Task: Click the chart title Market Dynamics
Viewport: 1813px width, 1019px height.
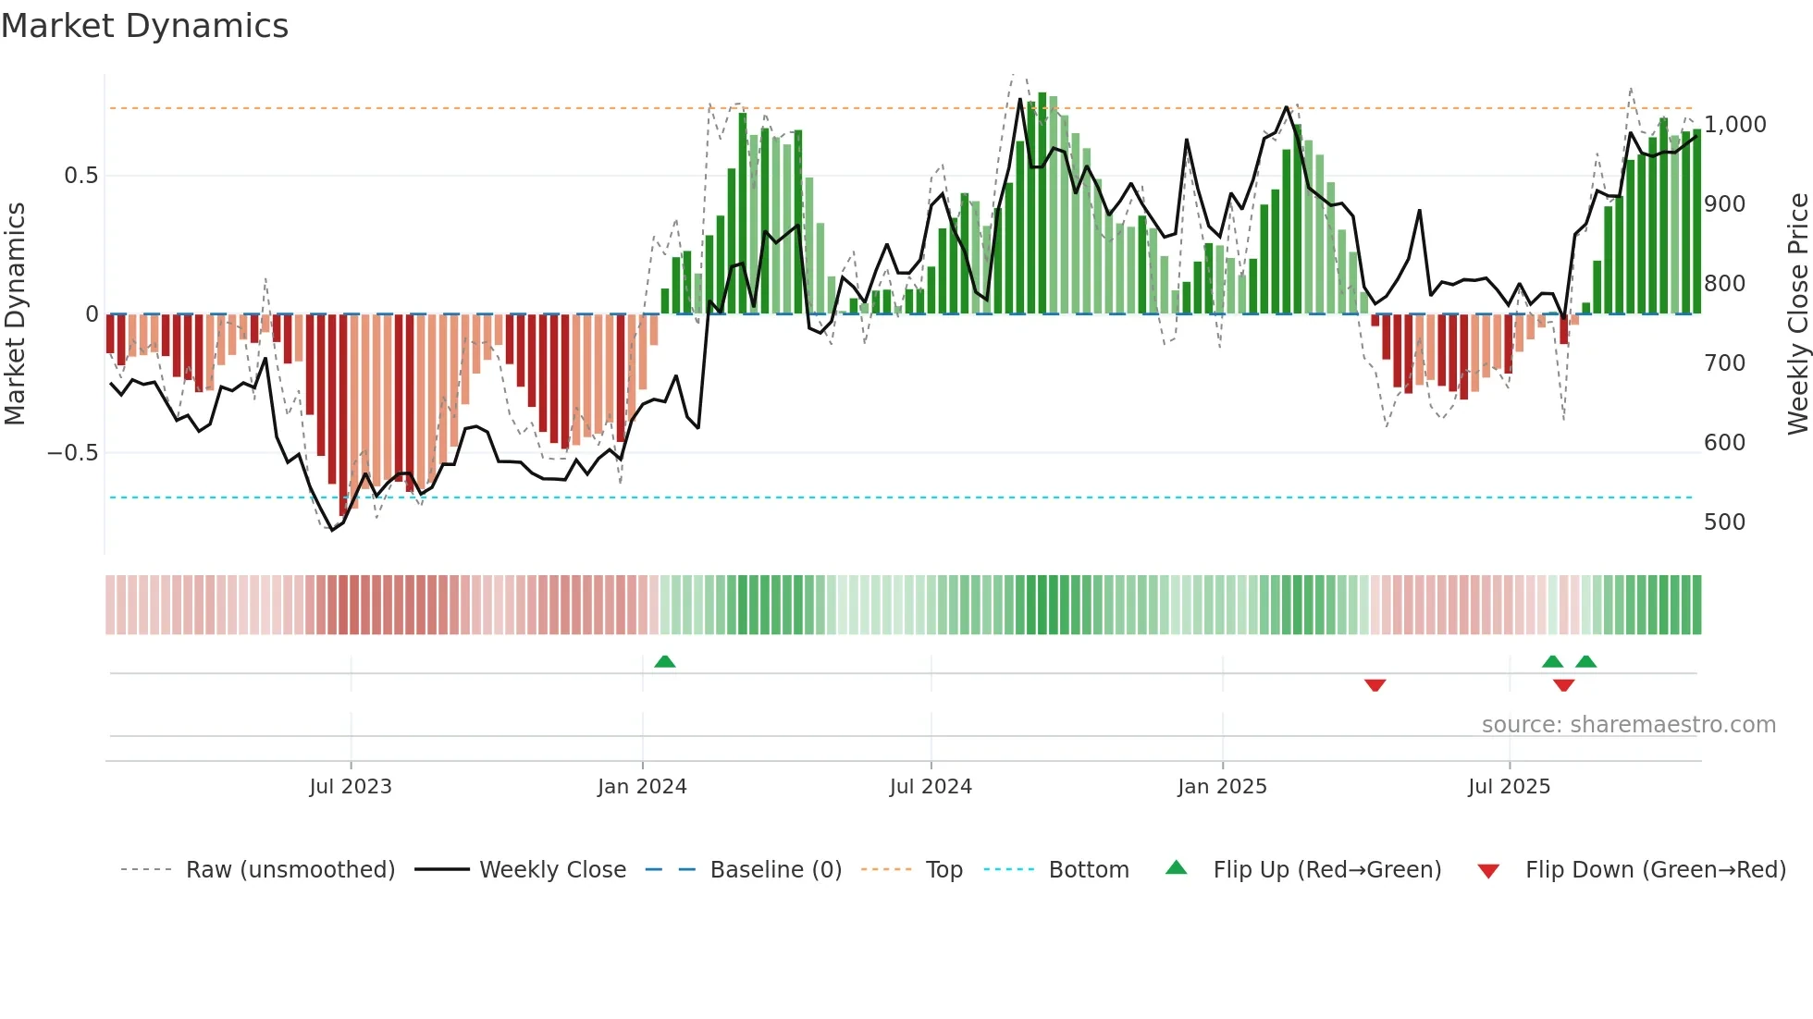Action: coord(144,26)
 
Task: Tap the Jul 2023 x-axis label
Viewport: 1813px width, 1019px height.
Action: coord(351,787)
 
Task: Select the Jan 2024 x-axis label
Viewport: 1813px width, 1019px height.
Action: coord(642,787)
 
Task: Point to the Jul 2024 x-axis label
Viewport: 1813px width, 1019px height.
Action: coord(931,787)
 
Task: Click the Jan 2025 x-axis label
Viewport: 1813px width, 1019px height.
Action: coord(1222,787)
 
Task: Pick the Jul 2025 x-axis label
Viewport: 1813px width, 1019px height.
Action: coord(1509,787)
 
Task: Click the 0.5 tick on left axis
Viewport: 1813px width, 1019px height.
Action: coord(80,176)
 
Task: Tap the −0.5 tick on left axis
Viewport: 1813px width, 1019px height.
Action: coord(72,453)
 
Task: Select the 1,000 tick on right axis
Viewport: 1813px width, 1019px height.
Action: coord(1734,125)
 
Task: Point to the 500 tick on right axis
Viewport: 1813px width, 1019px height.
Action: coord(1724,522)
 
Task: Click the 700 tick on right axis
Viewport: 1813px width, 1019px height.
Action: coord(1724,363)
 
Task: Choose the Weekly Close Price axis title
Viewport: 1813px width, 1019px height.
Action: coord(1797,314)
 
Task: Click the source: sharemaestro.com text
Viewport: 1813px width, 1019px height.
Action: coord(1628,725)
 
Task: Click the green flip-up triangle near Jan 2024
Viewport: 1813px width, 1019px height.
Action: coord(664,661)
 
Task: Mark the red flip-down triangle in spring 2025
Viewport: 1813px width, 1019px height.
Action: coord(1375,685)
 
